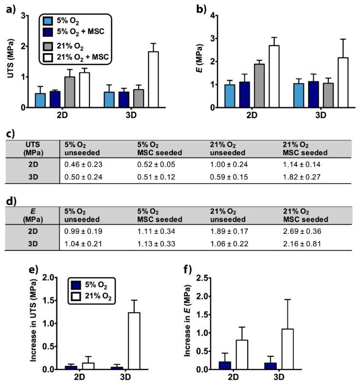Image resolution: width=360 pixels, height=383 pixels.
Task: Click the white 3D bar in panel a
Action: click(153, 79)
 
